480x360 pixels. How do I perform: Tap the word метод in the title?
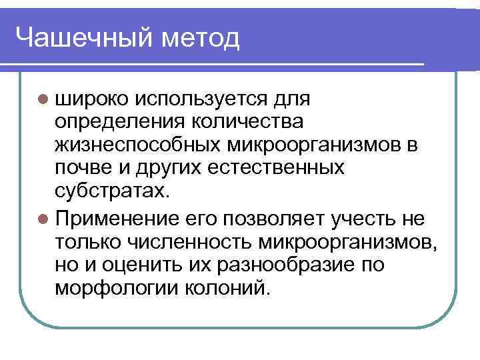[199, 38]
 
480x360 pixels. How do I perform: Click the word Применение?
[117, 218]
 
